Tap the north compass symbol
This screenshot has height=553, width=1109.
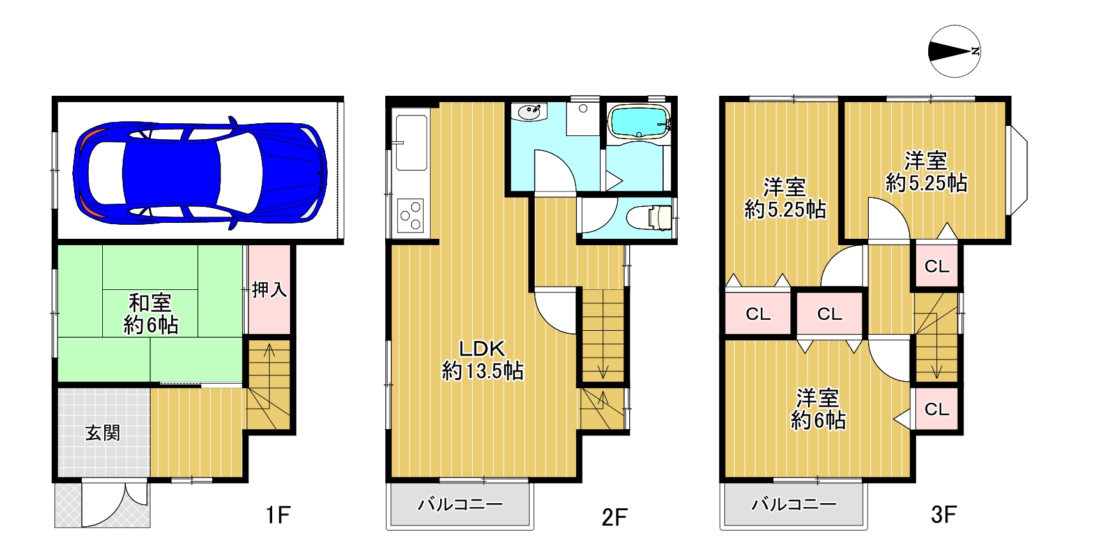click(x=955, y=52)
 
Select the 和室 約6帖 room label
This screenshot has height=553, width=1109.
click(x=151, y=314)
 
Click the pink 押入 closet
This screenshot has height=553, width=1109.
click(x=269, y=290)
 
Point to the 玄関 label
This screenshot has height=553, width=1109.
click(x=103, y=434)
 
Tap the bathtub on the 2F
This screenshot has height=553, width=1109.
click(x=639, y=122)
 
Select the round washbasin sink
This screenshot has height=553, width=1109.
click(x=530, y=113)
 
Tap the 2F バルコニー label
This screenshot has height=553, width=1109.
click(x=461, y=505)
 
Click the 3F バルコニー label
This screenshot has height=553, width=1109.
click(x=793, y=505)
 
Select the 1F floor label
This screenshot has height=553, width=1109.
click(x=279, y=514)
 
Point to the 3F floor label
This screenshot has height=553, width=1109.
click(x=944, y=514)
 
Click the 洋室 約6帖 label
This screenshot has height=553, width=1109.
click(x=818, y=409)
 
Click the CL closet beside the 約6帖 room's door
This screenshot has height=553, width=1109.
click(x=937, y=409)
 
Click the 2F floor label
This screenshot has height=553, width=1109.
click(x=615, y=517)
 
